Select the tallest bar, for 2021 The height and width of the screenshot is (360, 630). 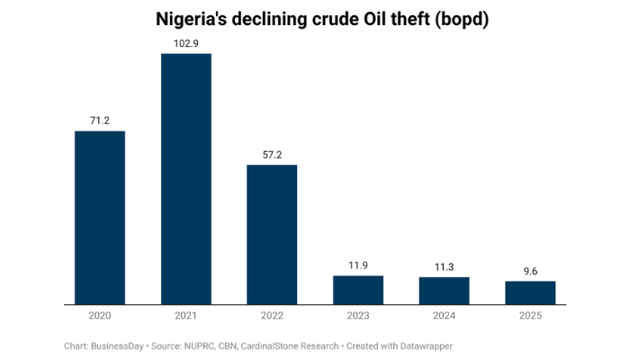(x=185, y=179)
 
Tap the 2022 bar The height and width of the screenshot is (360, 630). (x=272, y=235)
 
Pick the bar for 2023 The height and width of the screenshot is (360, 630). (x=358, y=290)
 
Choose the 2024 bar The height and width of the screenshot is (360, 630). (x=444, y=291)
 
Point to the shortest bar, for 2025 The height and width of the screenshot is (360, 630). (x=530, y=292)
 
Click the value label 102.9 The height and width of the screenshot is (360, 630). (x=185, y=43)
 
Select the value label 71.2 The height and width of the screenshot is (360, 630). (x=99, y=120)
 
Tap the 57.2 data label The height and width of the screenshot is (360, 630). (x=272, y=154)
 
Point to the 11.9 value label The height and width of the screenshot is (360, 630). (x=358, y=265)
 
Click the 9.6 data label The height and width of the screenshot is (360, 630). (x=530, y=270)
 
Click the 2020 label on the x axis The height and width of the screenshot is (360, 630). (x=99, y=317)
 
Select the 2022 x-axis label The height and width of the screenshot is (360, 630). (x=272, y=317)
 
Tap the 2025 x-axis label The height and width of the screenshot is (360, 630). (x=530, y=317)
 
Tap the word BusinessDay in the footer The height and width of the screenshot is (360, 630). (x=122, y=346)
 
